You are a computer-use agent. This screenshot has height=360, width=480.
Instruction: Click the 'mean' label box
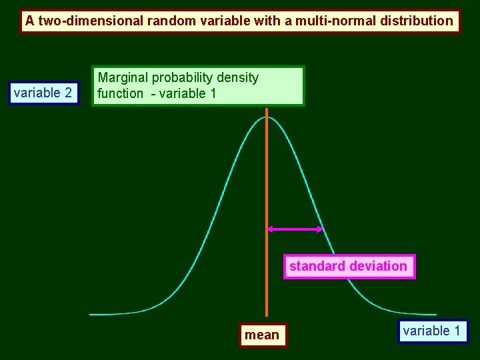pos(262,335)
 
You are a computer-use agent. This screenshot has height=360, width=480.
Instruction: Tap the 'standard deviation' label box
pos(348,267)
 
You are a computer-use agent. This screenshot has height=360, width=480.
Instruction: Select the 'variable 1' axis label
pos(432,331)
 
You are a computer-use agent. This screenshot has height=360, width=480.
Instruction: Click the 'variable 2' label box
pos(43,93)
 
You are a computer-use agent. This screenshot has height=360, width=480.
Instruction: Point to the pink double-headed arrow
pos(295,229)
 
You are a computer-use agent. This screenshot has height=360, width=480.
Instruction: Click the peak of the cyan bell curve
pos(266,117)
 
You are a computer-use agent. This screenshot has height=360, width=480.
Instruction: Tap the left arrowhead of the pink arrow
pos(270,229)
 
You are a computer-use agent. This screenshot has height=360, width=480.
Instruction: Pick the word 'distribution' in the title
pos(417,21)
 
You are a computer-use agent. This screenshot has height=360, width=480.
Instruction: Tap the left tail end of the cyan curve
pos(91,314)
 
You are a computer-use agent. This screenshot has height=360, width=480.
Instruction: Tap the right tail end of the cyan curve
pos(435,314)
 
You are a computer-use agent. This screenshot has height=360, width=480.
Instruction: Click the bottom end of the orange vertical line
pos(266,314)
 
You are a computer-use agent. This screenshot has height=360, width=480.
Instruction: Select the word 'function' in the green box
pos(120,94)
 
